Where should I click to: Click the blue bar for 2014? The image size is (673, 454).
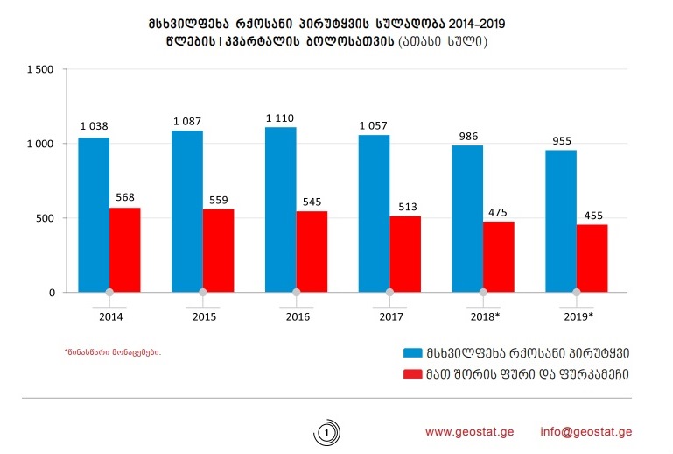[x=94, y=215]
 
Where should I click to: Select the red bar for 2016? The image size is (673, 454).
[x=312, y=252]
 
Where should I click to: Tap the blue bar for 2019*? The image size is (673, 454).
[x=561, y=221]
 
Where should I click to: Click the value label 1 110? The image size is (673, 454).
[x=280, y=117]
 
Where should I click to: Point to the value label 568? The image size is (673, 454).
[x=125, y=198]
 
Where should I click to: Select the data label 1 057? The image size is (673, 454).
[x=374, y=125]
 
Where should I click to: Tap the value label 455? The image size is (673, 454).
[x=592, y=215]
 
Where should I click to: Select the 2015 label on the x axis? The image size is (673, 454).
[x=203, y=316]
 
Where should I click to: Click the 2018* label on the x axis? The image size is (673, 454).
[x=485, y=316]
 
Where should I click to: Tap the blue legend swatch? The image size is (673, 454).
[x=412, y=352]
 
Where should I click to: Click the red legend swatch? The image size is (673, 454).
[x=412, y=374]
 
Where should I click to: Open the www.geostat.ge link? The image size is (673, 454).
[x=470, y=432]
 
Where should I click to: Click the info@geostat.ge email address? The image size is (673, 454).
[x=586, y=432]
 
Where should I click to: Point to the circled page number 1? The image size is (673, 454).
[x=326, y=433]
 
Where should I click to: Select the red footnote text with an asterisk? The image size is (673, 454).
[x=113, y=352]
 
